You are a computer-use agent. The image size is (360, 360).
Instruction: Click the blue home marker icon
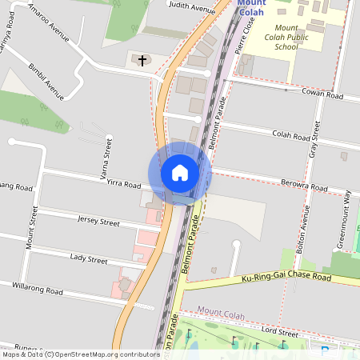point(179,172)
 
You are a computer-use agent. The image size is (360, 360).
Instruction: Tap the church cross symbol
point(143,60)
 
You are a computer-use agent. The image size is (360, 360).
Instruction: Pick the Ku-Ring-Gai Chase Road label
point(286,278)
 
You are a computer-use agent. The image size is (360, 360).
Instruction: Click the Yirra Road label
point(123,183)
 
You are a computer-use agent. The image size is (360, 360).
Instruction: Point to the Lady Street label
point(88,259)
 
